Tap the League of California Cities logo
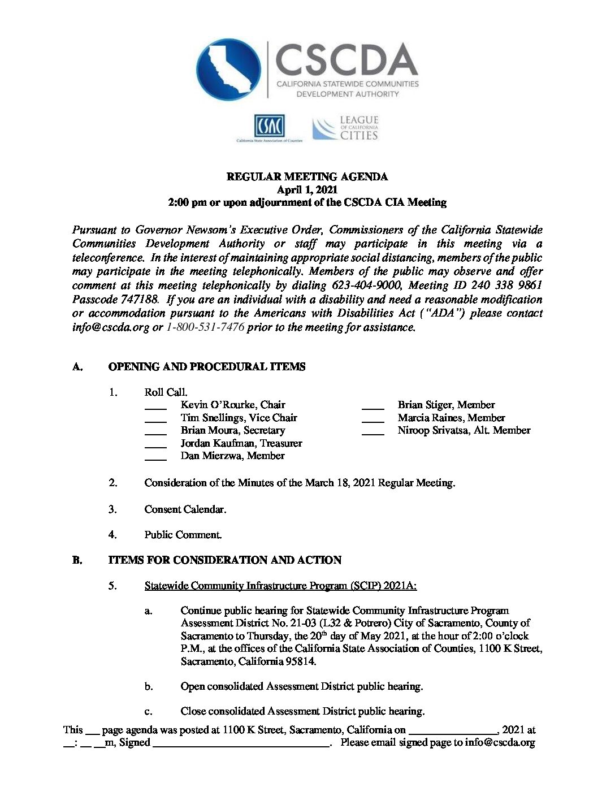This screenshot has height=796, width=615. pos(345,128)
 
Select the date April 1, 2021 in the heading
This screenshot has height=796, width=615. pos(307,189)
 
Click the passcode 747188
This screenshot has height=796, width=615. pos(115,300)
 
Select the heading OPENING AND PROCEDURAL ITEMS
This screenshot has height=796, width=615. pos(206,367)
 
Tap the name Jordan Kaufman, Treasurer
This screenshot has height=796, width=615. pos(241,443)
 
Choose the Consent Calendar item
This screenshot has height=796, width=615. pos(185,509)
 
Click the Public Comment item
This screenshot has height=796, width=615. pos(183,535)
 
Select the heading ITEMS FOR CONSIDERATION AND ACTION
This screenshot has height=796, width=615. pos(224,560)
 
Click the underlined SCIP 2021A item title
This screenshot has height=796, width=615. pos(280,586)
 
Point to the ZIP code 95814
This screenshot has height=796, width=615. pos(301,661)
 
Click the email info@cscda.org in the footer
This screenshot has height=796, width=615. pos(500,743)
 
